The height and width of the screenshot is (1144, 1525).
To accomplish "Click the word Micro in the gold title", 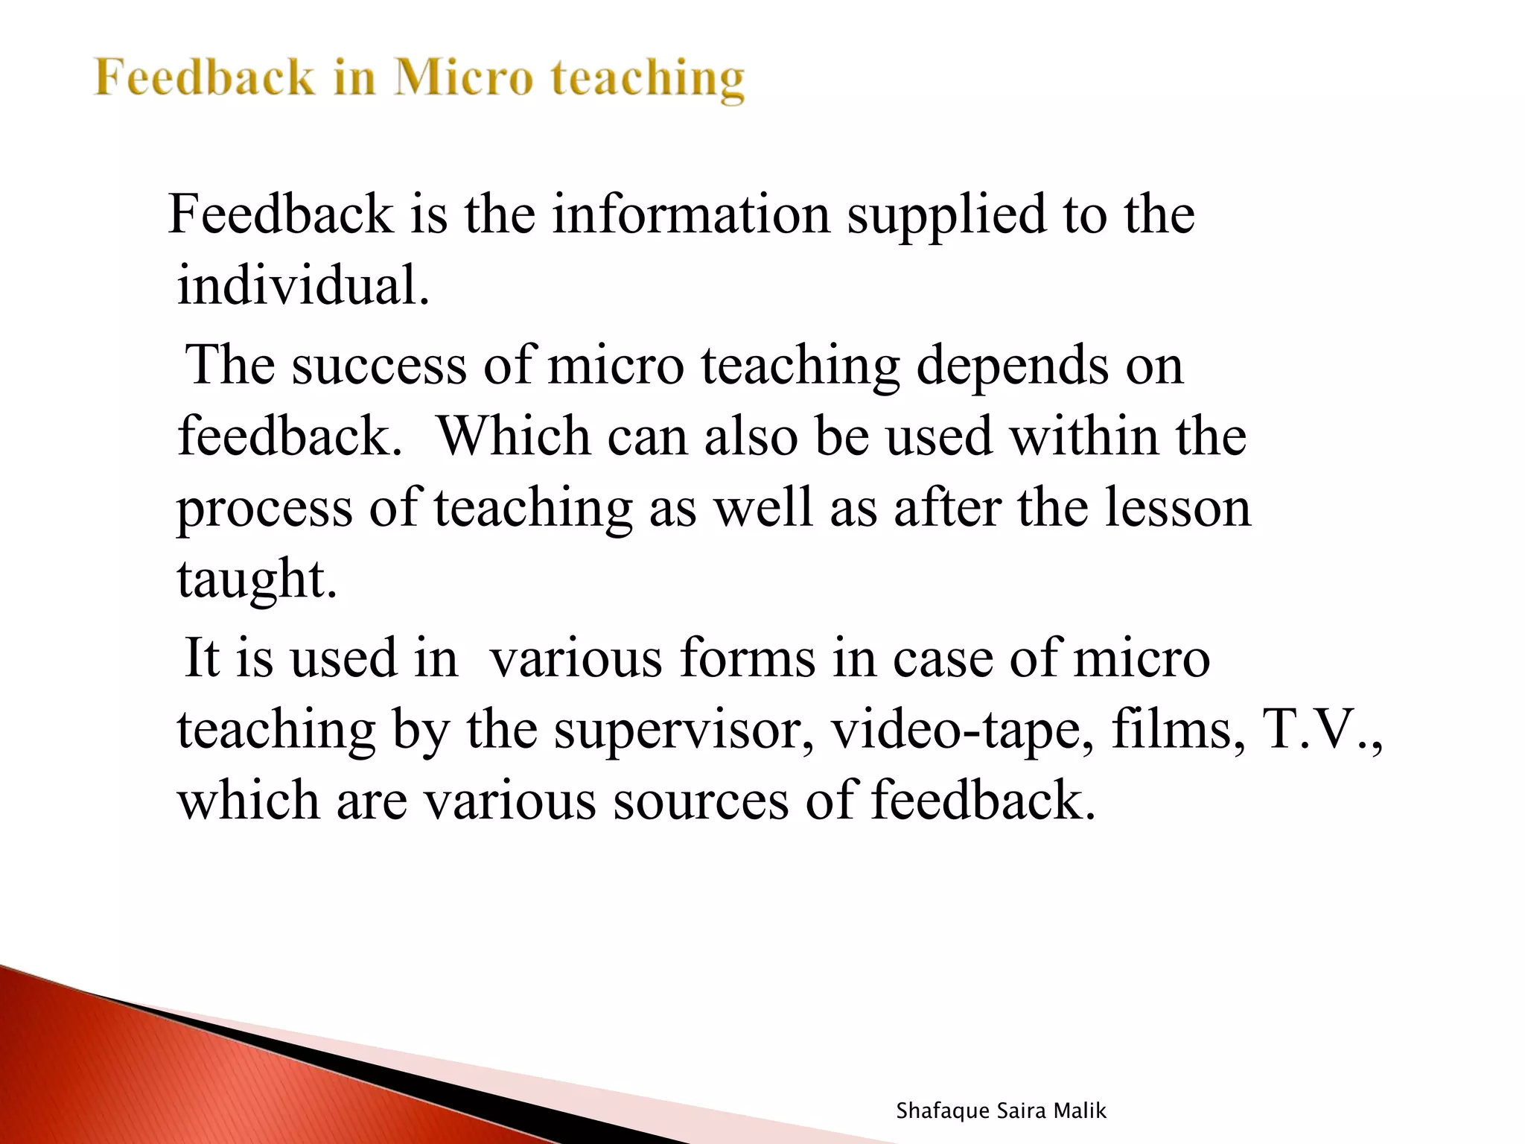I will (x=463, y=77).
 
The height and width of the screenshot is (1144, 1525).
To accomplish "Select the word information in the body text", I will (x=690, y=214).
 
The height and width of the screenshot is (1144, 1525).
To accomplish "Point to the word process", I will (x=264, y=509).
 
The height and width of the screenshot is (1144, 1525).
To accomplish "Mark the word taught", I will (x=256, y=580).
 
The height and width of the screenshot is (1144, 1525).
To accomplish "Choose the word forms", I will (x=747, y=658).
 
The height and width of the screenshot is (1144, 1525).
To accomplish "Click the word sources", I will (x=700, y=801).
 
